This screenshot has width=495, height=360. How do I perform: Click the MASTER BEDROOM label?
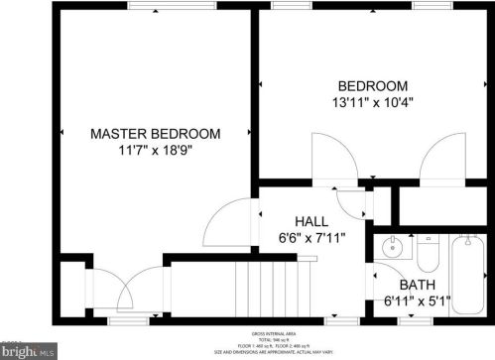[156, 133]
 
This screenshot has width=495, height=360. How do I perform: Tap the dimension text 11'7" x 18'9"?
[156, 151]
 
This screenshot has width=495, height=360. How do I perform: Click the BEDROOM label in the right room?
[372, 85]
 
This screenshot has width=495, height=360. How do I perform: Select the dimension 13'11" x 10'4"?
[372, 101]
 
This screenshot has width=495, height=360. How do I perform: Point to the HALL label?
[312, 221]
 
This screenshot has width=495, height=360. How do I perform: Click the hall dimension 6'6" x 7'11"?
[312, 238]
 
